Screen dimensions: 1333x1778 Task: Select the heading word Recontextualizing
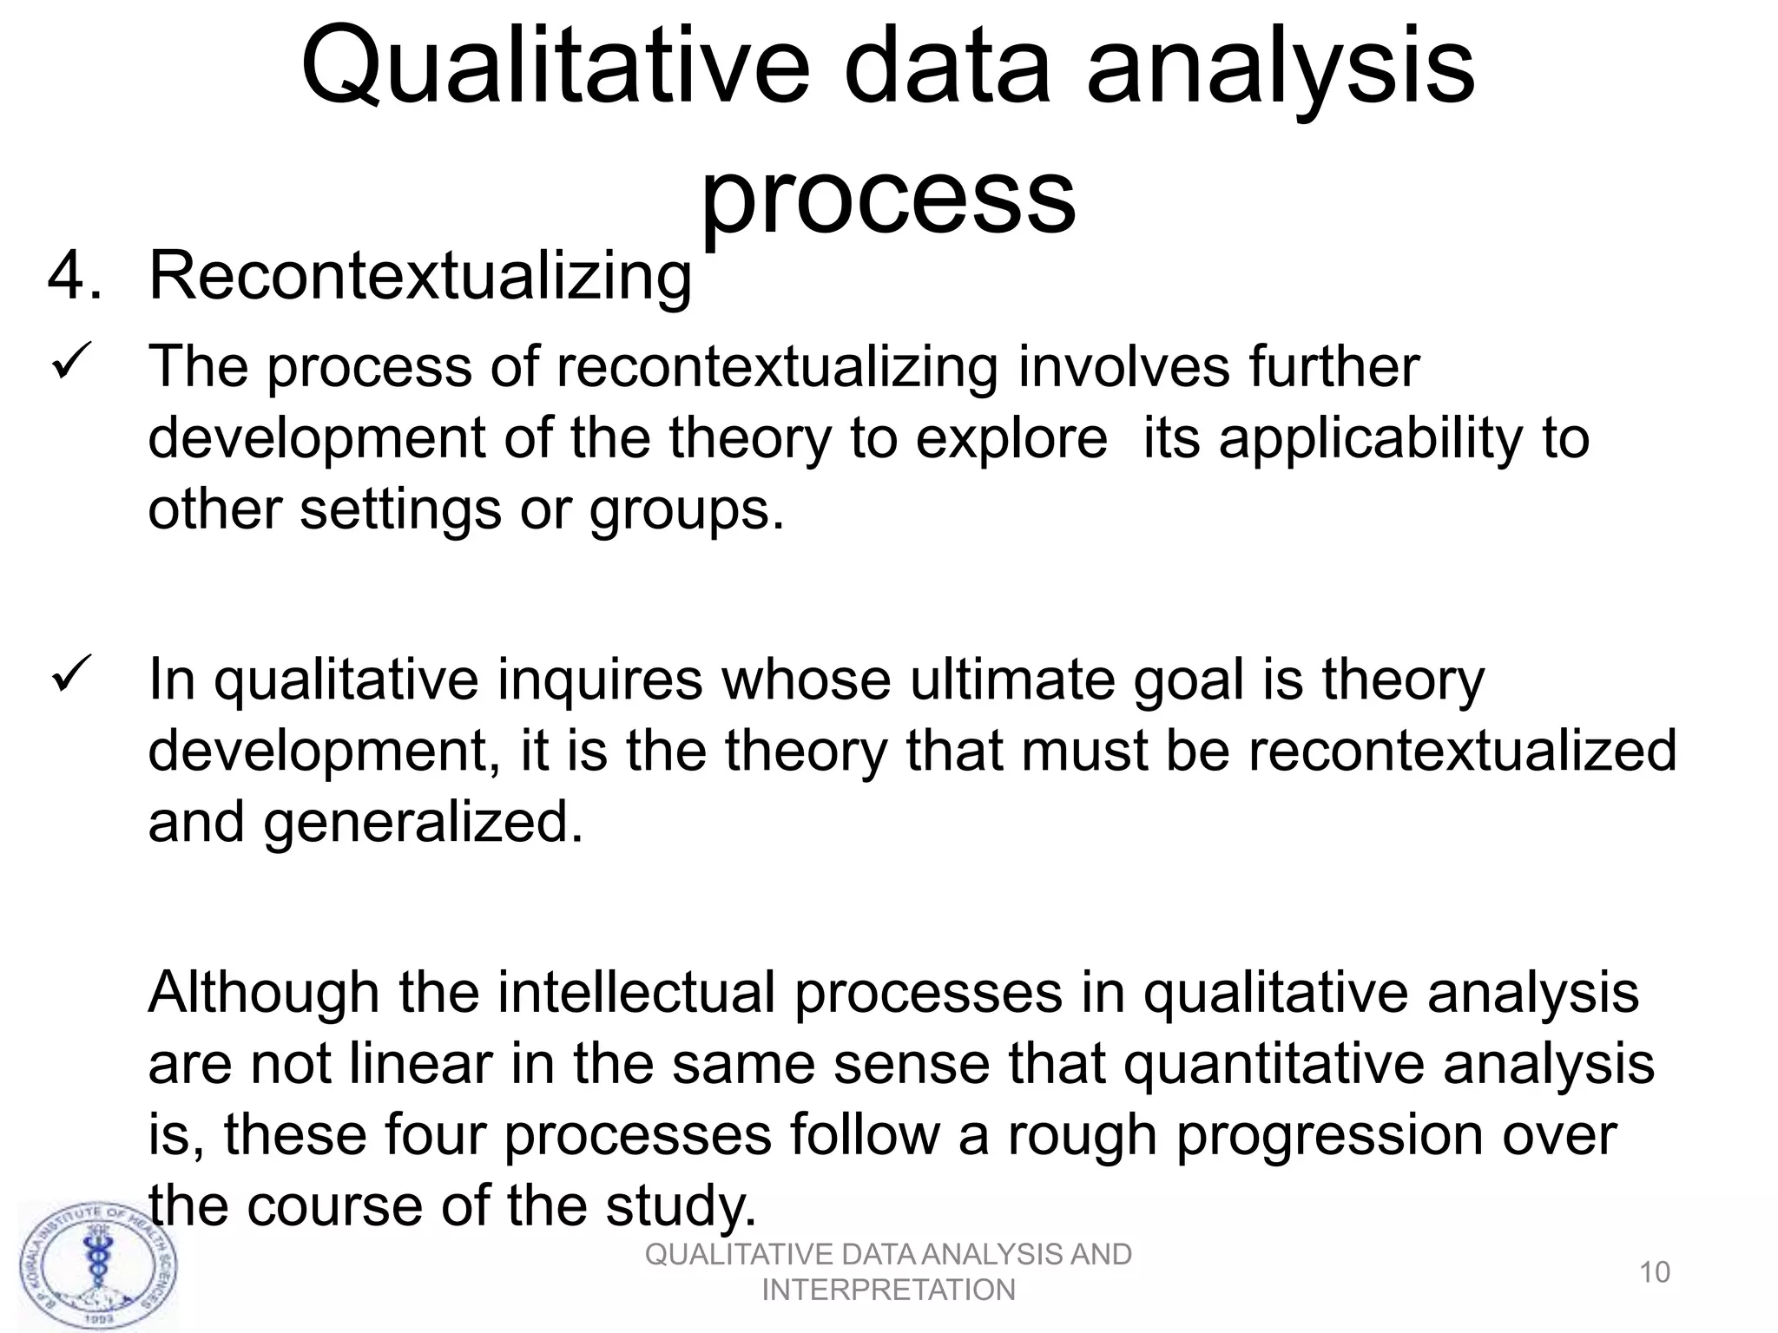tap(420, 276)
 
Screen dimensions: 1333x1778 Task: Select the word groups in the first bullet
tap(686, 511)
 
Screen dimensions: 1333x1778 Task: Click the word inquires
tap(600, 679)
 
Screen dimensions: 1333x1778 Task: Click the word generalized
tap(423, 823)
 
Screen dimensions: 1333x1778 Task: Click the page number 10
tap(1654, 1272)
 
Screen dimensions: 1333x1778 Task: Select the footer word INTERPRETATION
tap(888, 1290)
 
